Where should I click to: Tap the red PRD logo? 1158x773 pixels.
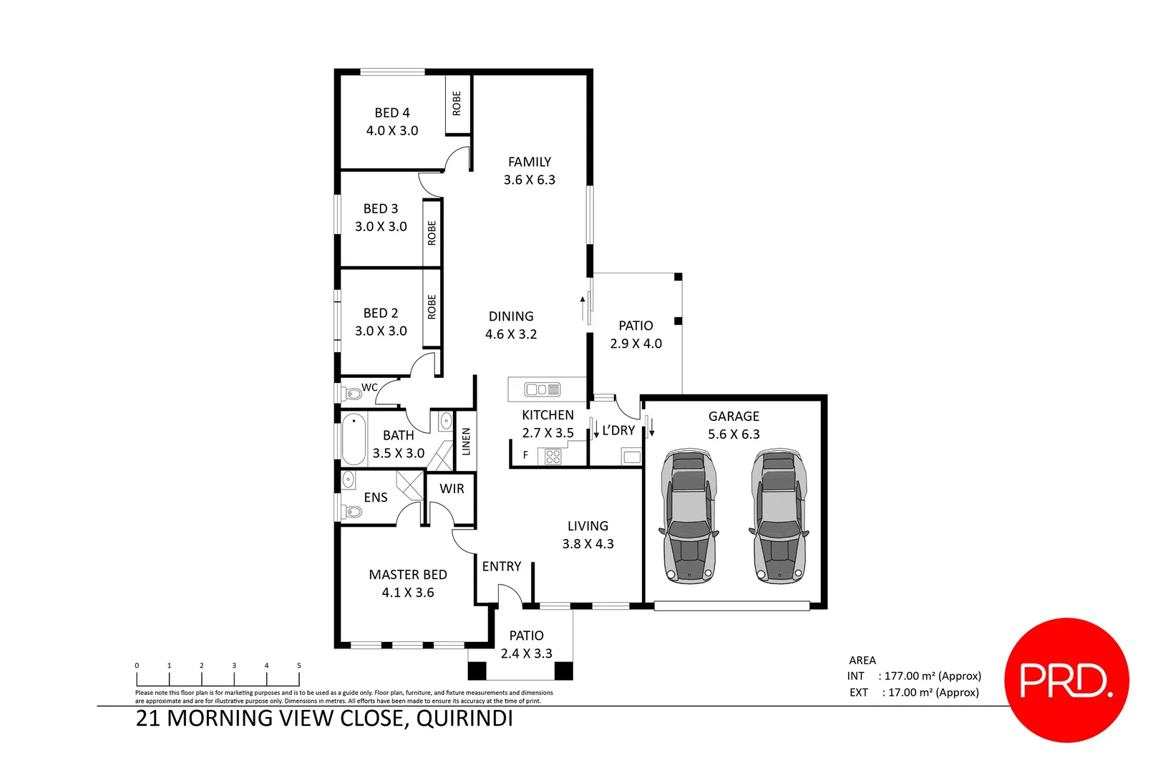coord(1066,680)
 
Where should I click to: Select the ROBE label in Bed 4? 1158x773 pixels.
coord(457,104)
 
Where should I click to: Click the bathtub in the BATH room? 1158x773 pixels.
coord(354,439)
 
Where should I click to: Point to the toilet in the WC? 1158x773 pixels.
coord(352,393)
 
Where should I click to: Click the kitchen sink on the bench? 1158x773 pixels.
coord(542,389)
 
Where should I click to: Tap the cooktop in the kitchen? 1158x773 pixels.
coord(553,456)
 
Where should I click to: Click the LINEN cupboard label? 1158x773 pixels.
coord(466,441)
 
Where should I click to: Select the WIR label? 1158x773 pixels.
coord(452,489)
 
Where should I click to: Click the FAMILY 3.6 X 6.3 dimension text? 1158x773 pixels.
coord(529,180)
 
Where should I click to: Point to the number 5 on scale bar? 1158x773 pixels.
coord(299,666)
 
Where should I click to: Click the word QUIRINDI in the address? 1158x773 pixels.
coord(464,718)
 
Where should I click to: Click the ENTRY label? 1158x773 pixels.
coord(501,566)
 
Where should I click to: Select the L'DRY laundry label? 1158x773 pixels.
coord(618,430)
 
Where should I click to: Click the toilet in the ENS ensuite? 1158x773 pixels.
coord(353,511)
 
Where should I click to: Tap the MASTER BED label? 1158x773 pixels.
coord(407,575)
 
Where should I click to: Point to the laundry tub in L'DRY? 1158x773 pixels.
coord(631,457)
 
